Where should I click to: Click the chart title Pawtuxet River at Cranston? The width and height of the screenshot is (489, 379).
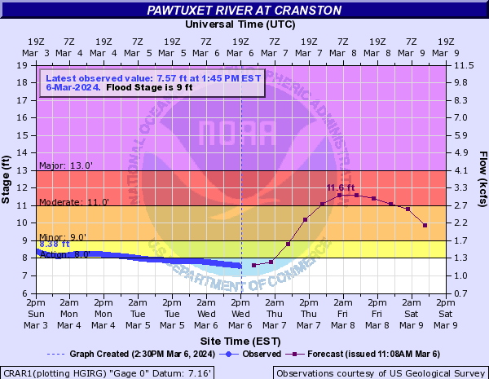coord(244,11)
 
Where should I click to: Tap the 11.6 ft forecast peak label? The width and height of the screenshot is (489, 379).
coord(341,188)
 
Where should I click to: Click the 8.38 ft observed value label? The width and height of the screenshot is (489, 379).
coord(55,244)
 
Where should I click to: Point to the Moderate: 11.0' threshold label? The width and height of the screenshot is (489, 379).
coord(73,201)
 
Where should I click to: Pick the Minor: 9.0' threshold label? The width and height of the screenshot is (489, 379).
coord(63,236)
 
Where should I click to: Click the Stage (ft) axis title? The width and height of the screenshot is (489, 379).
coord(7,178)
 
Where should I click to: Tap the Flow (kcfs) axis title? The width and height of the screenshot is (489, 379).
coord(482,178)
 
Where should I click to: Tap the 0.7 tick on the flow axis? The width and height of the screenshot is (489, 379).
coord(461,293)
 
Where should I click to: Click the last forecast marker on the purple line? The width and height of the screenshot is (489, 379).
coord(425,226)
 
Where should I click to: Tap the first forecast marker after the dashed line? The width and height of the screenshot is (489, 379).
coord(254,266)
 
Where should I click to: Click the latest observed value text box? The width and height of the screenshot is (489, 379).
coord(152,82)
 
